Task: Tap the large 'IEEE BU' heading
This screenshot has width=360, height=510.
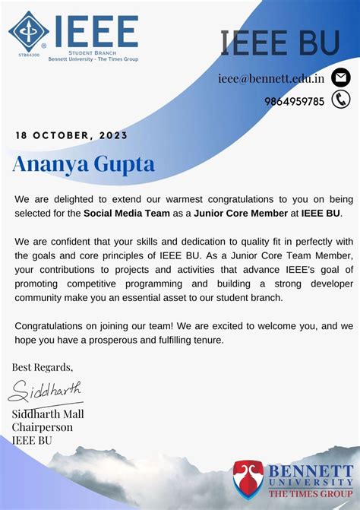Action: pyautogui.click(x=279, y=43)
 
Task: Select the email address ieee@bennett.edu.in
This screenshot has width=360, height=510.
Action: pyautogui.click(x=271, y=78)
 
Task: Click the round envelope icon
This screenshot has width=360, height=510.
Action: pyautogui.click(x=341, y=78)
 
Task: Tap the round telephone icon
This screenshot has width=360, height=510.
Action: pyautogui.click(x=341, y=100)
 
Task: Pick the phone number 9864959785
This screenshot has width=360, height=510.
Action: pyautogui.click(x=295, y=101)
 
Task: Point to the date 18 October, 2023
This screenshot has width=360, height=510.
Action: pyautogui.click(x=71, y=135)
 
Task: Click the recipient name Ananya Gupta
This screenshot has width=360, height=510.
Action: pyautogui.click(x=83, y=163)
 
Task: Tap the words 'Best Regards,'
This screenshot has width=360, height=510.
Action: pyautogui.click(x=43, y=367)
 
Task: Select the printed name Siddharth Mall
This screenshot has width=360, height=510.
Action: pyautogui.click(x=48, y=414)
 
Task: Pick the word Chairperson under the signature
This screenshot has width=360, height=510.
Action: pyautogui.click(x=42, y=427)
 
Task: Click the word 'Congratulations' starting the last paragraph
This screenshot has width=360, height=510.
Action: pyautogui.click(x=51, y=326)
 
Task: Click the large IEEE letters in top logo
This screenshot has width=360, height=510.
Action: pyautogui.click(x=96, y=30)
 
